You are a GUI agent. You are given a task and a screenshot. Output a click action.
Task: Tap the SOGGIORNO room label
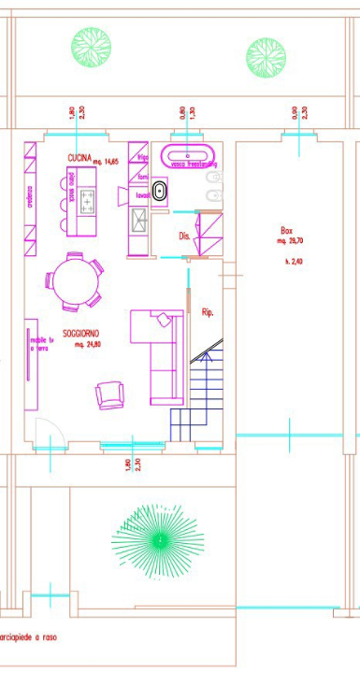tap(82, 334)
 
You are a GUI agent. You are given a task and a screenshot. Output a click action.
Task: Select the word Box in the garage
tap(287, 230)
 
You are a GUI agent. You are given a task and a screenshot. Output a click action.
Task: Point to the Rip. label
tap(208, 312)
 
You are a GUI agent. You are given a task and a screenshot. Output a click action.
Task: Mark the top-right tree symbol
tap(265, 53)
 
